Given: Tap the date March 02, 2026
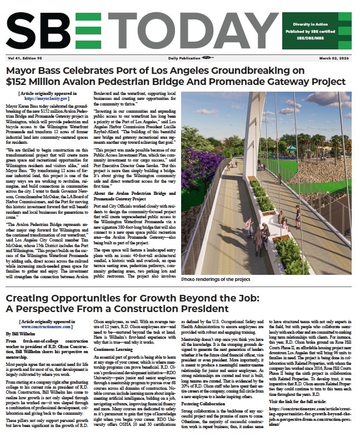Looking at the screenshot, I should pyautogui.click(x=336, y=58).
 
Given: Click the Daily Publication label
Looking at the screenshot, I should pyautogui.click(x=183, y=58).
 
